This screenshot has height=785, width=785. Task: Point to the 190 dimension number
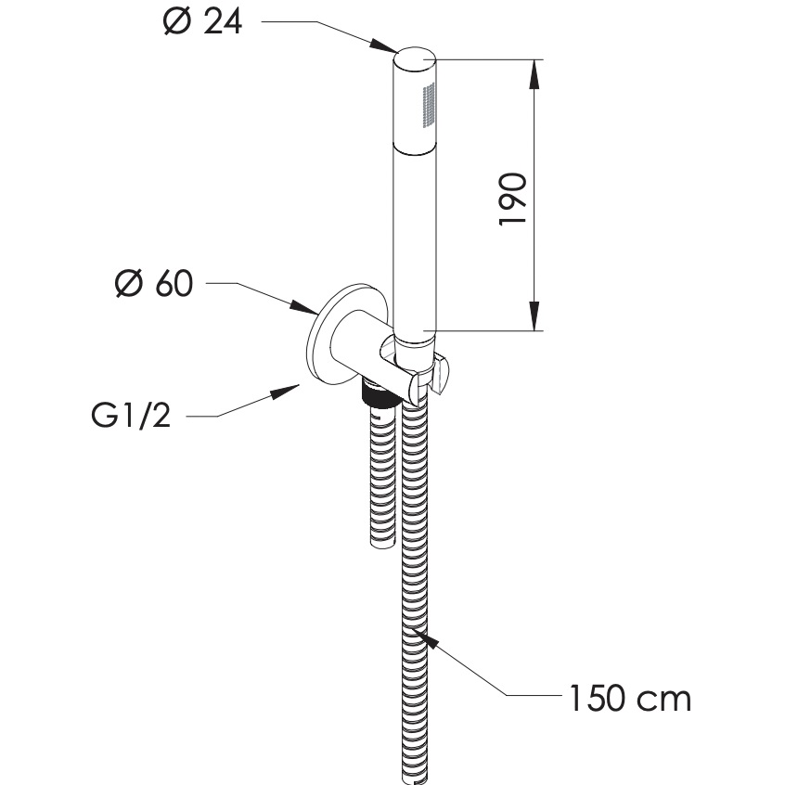pyautogui.click(x=513, y=198)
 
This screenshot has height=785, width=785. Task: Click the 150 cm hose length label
pyautogui.click(x=630, y=696)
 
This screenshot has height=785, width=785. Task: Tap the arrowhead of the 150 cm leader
pyautogui.click(x=425, y=637)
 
